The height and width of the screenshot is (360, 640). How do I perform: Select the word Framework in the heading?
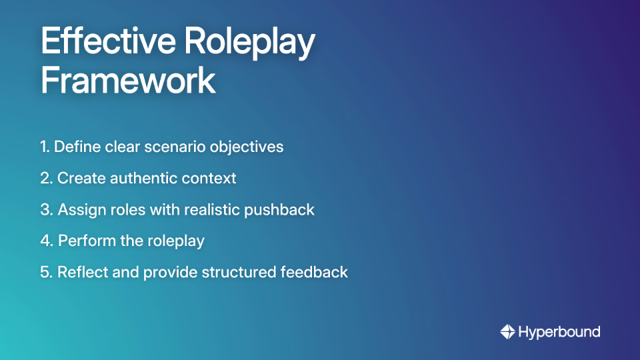pyautogui.click(x=128, y=81)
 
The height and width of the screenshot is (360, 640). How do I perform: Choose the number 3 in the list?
pyautogui.click(x=45, y=209)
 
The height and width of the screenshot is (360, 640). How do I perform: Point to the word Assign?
pyautogui.click(x=80, y=209)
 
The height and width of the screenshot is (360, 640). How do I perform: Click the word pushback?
pyautogui.click(x=279, y=209)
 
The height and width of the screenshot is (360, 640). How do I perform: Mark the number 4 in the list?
pyautogui.click(x=46, y=241)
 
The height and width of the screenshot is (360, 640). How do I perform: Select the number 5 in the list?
pyautogui.click(x=45, y=272)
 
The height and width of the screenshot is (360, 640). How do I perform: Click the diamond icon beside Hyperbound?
pyautogui.click(x=507, y=331)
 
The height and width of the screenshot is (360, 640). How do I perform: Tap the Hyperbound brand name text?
pyautogui.click(x=559, y=331)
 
